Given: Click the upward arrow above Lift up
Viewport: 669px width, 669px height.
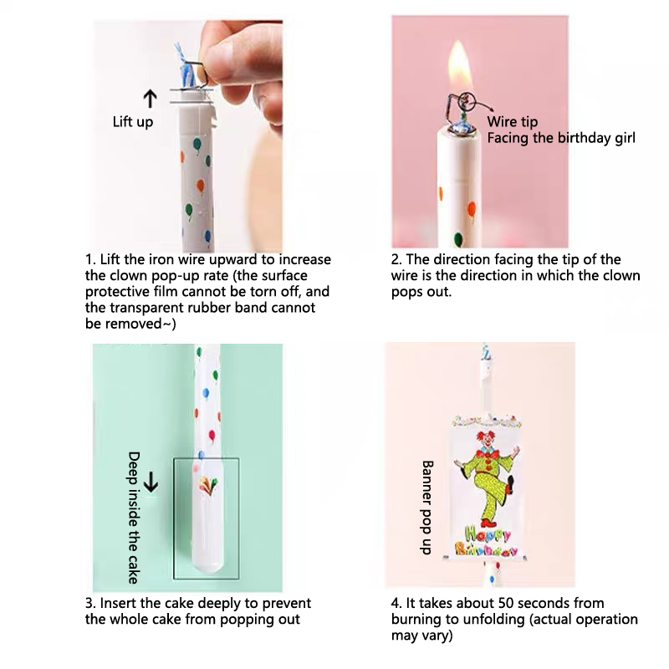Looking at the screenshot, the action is [x=150, y=99].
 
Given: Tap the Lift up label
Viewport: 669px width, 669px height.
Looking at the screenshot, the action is [x=133, y=122].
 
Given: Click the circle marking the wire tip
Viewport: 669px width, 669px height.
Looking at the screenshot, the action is [x=466, y=101].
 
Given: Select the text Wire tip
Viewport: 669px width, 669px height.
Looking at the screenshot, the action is [x=513, y=122].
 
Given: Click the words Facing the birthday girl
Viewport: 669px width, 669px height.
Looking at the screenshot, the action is [x=561, y=138].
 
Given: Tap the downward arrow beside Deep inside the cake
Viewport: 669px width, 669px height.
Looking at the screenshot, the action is [x=151, y=484].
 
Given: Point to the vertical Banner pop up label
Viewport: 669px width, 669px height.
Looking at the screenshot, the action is [x=427, y=508].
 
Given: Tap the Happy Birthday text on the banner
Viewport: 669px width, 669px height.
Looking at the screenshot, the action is [x=487, y=541].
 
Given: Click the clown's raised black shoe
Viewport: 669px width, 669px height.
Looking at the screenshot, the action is [x=510, y=485].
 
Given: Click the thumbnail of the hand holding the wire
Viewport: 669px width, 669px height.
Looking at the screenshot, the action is [x=187, y=135].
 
